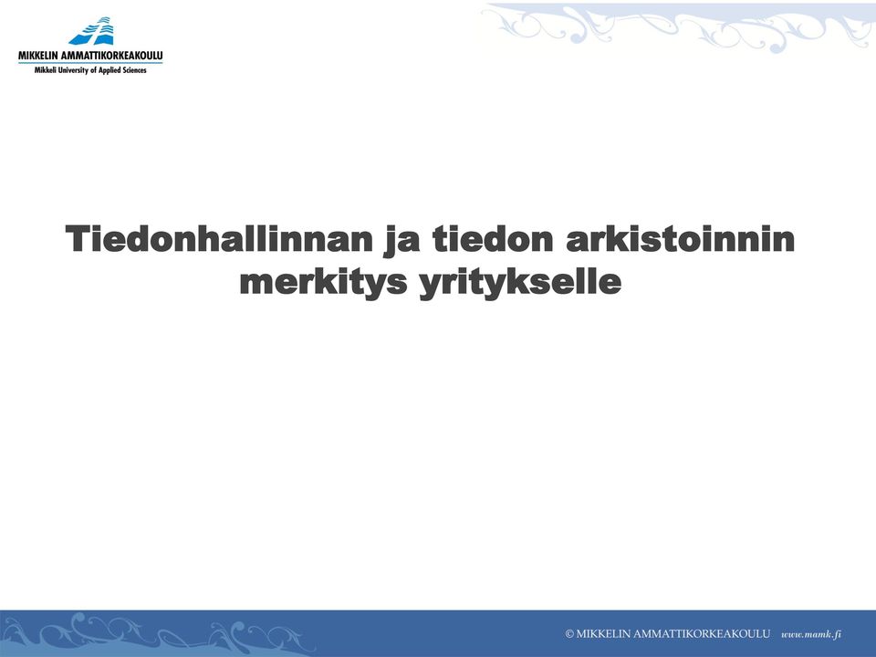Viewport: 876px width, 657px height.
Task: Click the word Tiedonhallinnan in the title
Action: [x=219, y=238]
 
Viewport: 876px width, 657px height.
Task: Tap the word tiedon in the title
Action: [x=493, y=238]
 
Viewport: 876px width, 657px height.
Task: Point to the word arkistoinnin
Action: [x=680, y=238]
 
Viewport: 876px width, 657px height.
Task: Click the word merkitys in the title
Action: [x=323, y=283]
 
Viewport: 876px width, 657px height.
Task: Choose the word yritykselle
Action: [x=520, y=283]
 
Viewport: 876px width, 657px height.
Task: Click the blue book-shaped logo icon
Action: [x=92, y=31]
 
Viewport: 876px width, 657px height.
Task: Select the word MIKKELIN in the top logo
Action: [x=42, y=56]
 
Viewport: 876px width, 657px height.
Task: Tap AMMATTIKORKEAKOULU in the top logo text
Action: [x=116, y=56]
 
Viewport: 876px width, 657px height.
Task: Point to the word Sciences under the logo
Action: [x=134, y=70]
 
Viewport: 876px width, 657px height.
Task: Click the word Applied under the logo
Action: [x=109, y=71]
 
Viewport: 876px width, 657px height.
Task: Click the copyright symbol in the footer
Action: [x=569, y=634]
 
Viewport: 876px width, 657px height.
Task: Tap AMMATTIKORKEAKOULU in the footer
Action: [x=702, y=634]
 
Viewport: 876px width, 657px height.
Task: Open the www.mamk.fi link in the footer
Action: [x=811, y=634]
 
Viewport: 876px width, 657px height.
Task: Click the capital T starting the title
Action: [x=78, y=238]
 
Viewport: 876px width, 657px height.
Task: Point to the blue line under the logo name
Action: [x=90, y=63]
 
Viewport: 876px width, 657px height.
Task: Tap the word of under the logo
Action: [x=93, y=70]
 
